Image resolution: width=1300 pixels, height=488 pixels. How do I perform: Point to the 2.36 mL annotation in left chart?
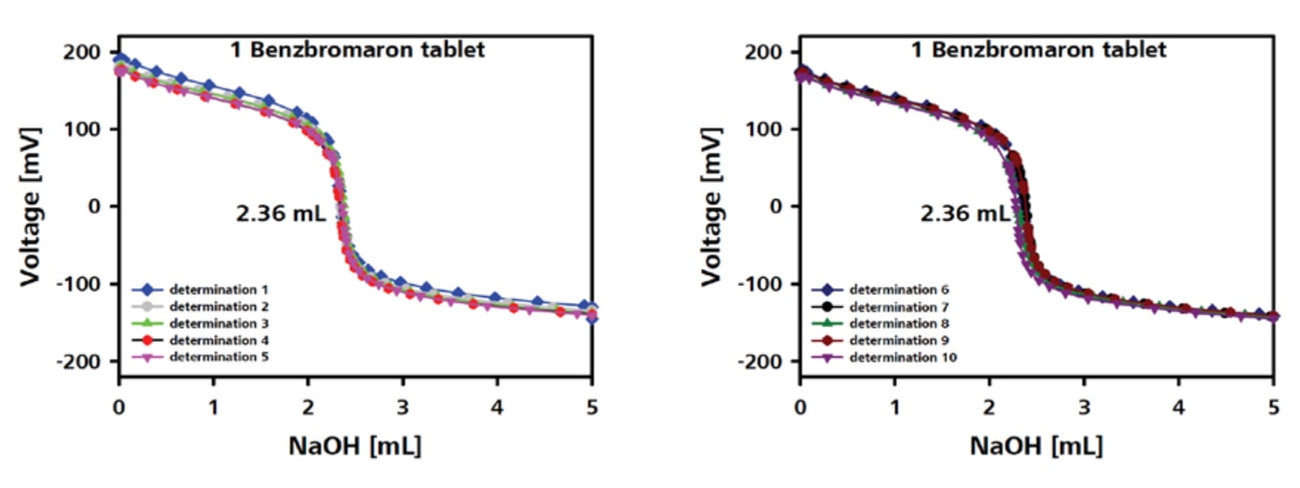[x=280, y=214]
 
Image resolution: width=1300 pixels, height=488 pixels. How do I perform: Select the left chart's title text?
[x=357, y=50]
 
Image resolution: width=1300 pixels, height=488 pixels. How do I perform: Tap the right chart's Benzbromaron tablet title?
[x=1038, y=50]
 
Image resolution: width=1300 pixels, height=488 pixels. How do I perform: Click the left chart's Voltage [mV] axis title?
[x=30, y=206]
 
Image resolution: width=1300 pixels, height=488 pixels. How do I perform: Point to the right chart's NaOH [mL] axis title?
[x=1036, y=445]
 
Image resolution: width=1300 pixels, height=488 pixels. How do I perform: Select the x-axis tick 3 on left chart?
[x=402, y=407]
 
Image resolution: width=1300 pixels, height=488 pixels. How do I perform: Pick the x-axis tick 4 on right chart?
[x=1178, y=407]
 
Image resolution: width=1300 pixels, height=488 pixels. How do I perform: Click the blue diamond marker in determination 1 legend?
[x=148, y=290]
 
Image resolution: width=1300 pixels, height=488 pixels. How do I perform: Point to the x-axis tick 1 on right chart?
[x=895, y=407]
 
